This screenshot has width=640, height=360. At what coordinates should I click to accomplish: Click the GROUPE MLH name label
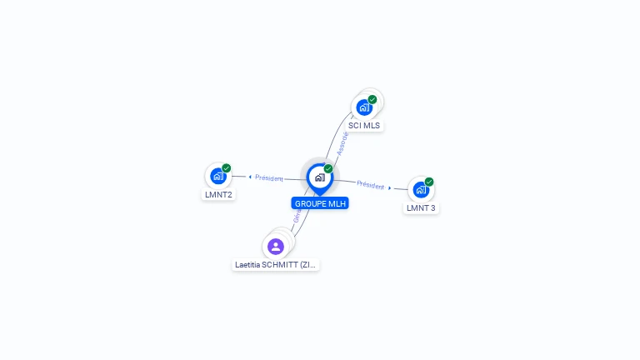point(321,203)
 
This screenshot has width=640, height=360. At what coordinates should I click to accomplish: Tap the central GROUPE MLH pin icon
point(319,177)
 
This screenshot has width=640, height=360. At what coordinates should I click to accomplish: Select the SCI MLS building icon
point(364,107)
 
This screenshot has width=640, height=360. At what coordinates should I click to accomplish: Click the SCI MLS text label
point(364,126)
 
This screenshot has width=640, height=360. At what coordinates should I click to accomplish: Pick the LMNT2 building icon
point(218,176)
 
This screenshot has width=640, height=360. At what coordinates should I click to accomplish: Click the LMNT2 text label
point(218,195)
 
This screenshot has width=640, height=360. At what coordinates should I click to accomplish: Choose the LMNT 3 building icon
point(421,189)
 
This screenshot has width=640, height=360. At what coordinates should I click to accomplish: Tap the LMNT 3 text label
point(421,208)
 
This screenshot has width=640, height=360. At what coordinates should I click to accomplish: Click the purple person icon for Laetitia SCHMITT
point(276,247)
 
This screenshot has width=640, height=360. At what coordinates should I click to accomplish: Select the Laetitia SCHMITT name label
point(276,265)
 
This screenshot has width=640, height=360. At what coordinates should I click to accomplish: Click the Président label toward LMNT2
point(269,177)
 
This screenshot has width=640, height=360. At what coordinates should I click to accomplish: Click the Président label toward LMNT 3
point(371,185)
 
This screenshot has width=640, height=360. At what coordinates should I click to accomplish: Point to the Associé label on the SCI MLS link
point(342,143)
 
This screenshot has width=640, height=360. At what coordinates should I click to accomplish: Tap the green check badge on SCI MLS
point(372,99)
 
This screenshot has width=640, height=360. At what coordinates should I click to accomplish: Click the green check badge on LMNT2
point(227,167)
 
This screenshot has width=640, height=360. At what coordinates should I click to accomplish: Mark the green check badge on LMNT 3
point(429,182)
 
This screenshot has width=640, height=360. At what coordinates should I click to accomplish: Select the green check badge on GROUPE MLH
point(328,169)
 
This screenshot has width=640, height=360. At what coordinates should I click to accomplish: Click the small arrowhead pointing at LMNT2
point(250,177)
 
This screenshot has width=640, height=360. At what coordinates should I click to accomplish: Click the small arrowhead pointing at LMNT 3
point(390,188)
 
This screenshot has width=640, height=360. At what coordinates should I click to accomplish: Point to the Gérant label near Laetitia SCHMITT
point(297,216)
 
